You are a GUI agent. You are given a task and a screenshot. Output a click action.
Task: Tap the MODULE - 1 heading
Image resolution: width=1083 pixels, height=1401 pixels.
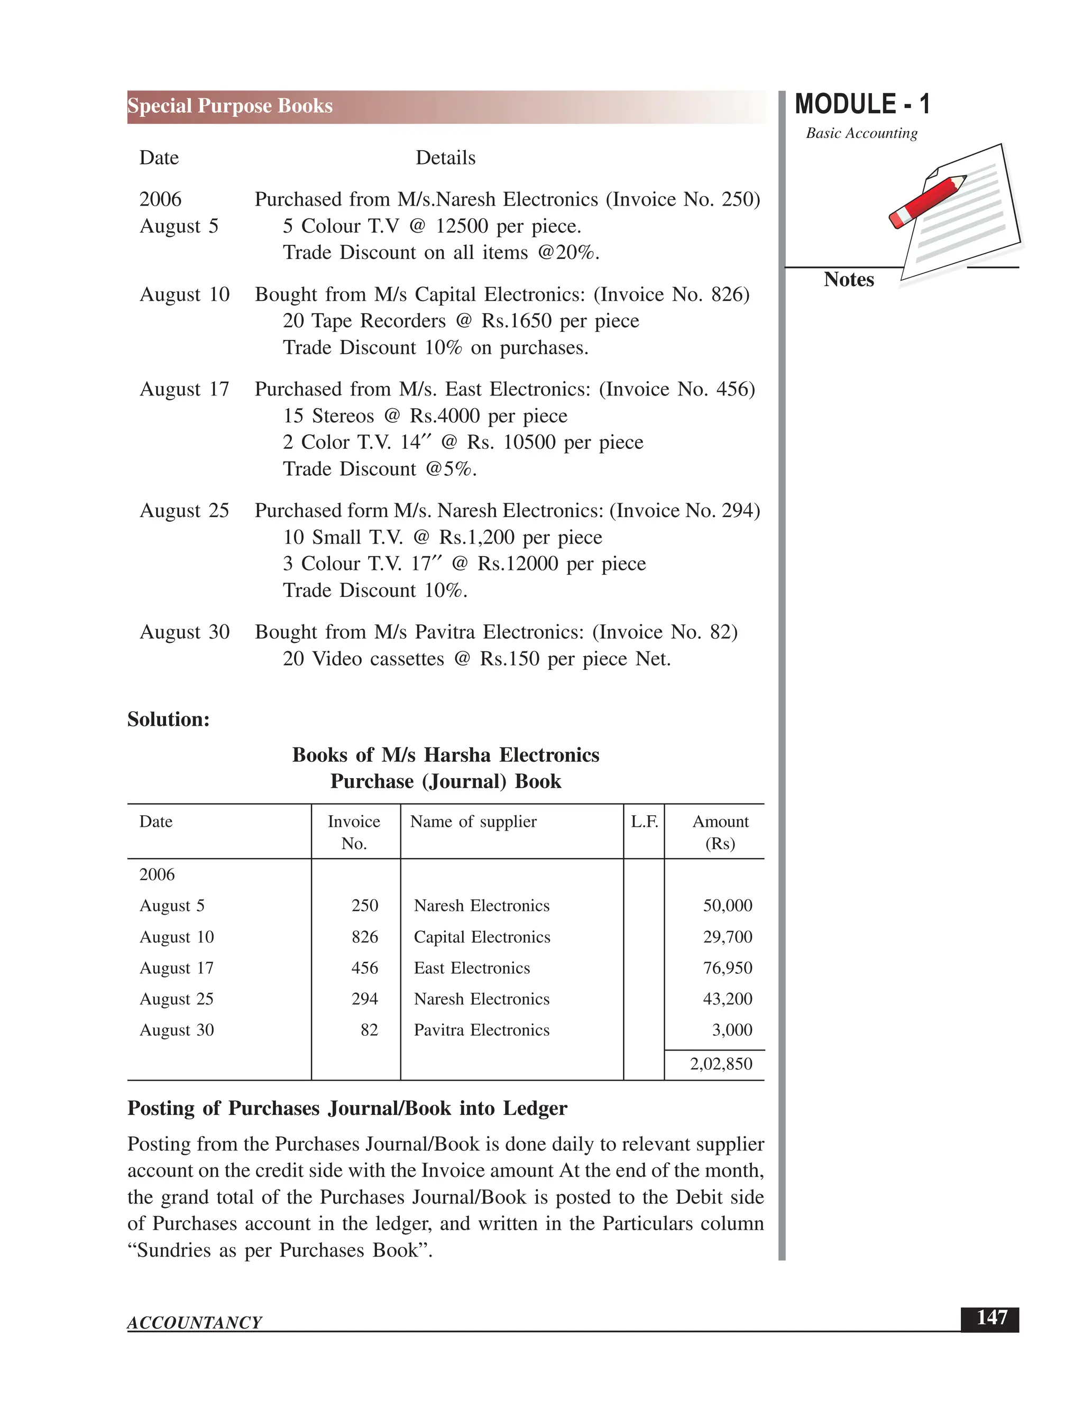coord(861,105)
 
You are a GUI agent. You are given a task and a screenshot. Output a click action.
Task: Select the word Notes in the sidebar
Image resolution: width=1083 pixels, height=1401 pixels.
coord(848,280)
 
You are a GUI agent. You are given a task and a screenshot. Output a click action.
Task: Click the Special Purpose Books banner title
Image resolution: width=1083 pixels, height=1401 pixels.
coord(230,106)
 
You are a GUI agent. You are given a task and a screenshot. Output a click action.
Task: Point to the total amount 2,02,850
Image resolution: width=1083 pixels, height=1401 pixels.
coord(721,1064)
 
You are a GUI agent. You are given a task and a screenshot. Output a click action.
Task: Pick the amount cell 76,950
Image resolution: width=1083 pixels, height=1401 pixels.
coord(727,967)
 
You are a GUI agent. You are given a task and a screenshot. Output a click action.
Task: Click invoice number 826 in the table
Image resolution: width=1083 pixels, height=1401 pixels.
coord(364,937)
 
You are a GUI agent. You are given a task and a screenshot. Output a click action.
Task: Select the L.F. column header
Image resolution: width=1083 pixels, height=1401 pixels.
coord(644,822)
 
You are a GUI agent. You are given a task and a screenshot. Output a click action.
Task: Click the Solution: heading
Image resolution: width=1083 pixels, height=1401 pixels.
coord(168,719)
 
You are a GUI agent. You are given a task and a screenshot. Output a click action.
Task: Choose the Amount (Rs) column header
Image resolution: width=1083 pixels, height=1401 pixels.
coord(720,832)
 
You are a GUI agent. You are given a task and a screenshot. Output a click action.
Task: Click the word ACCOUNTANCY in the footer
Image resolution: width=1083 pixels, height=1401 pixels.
coord(195,1322)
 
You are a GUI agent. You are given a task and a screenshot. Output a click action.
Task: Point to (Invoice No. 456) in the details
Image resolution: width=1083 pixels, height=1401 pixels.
coord(677,390)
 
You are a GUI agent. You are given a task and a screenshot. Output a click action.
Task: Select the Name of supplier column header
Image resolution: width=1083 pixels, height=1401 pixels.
coord(473,822)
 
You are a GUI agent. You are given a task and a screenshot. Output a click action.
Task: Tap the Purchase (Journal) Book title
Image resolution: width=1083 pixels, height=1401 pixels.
coord(445,781)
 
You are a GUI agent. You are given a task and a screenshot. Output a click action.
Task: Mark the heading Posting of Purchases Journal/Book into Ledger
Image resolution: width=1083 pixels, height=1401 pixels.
coord(347,1109)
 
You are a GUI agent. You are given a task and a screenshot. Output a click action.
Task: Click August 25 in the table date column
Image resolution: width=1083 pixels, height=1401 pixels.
coord(177,999)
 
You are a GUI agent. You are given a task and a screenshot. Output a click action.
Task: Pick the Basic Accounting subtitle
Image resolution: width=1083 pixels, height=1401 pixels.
coord(861,133)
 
